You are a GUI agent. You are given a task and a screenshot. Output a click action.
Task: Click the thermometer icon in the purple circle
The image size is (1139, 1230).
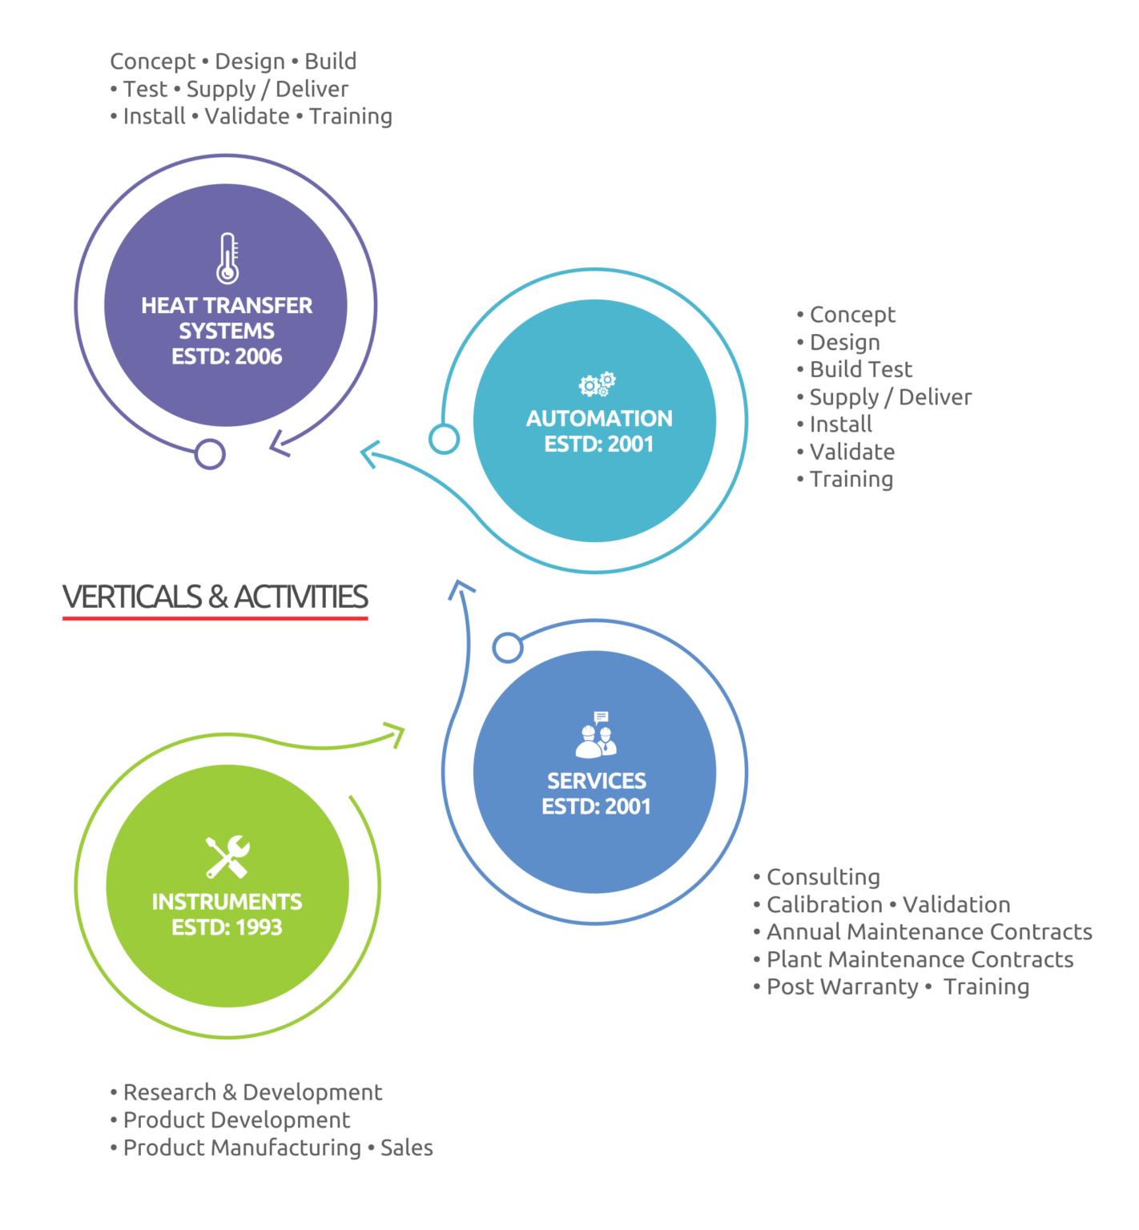pyautogui.click(x=227, y=258)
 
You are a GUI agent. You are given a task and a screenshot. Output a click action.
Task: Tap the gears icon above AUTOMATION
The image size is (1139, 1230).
pyautogui.click(x=598, y=384)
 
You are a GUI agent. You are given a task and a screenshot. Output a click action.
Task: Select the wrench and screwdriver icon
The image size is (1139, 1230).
pyautogui.click(x=227, y=856)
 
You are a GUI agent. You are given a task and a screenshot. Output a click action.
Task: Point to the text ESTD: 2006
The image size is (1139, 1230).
pyautogui.click(x=227, y=356)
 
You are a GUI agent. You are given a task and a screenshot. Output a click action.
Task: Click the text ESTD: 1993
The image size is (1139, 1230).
pyautogui.click(x=227, y=927)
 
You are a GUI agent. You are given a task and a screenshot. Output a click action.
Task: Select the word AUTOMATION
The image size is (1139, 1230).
pyautogui.click(x=599, y=418)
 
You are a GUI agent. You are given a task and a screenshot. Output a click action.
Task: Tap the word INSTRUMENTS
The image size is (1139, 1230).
pyautogui.click(x=227, y=902)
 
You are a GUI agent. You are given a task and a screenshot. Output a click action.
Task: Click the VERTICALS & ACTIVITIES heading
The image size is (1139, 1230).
pyautogui.click(x=215, y=597)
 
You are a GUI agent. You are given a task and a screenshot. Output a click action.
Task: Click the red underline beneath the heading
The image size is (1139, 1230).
pyautogui.click(x=215, y=618)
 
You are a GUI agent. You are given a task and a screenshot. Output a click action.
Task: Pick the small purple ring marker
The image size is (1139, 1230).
pyautogui.click(x=210, y=454)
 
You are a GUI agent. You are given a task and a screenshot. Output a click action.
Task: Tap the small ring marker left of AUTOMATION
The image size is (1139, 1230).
pyautogui.click(x=444, y=439)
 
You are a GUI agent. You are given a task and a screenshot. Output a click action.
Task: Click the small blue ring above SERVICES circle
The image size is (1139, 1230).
pyautogui.click(x=507, y=647)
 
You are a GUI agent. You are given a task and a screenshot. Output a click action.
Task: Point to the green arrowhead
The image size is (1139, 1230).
pyautogui.click(x=396, y=734)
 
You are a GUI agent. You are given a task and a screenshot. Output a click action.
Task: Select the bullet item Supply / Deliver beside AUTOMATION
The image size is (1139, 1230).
pyautogui.click(x=890, y=396)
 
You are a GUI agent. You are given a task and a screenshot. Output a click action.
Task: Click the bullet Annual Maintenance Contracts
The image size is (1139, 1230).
pyautogui.click(x=928, y=931)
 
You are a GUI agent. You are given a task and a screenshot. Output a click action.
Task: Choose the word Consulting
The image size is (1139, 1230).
pyautogui.click(x=823, y=877)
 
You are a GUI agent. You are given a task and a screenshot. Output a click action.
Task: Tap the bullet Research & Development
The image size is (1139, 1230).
pyautogui.click(x=252, y=1092)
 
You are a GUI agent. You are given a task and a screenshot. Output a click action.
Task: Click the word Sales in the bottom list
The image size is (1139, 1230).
pyautogui.click(x=406, y=1148)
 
